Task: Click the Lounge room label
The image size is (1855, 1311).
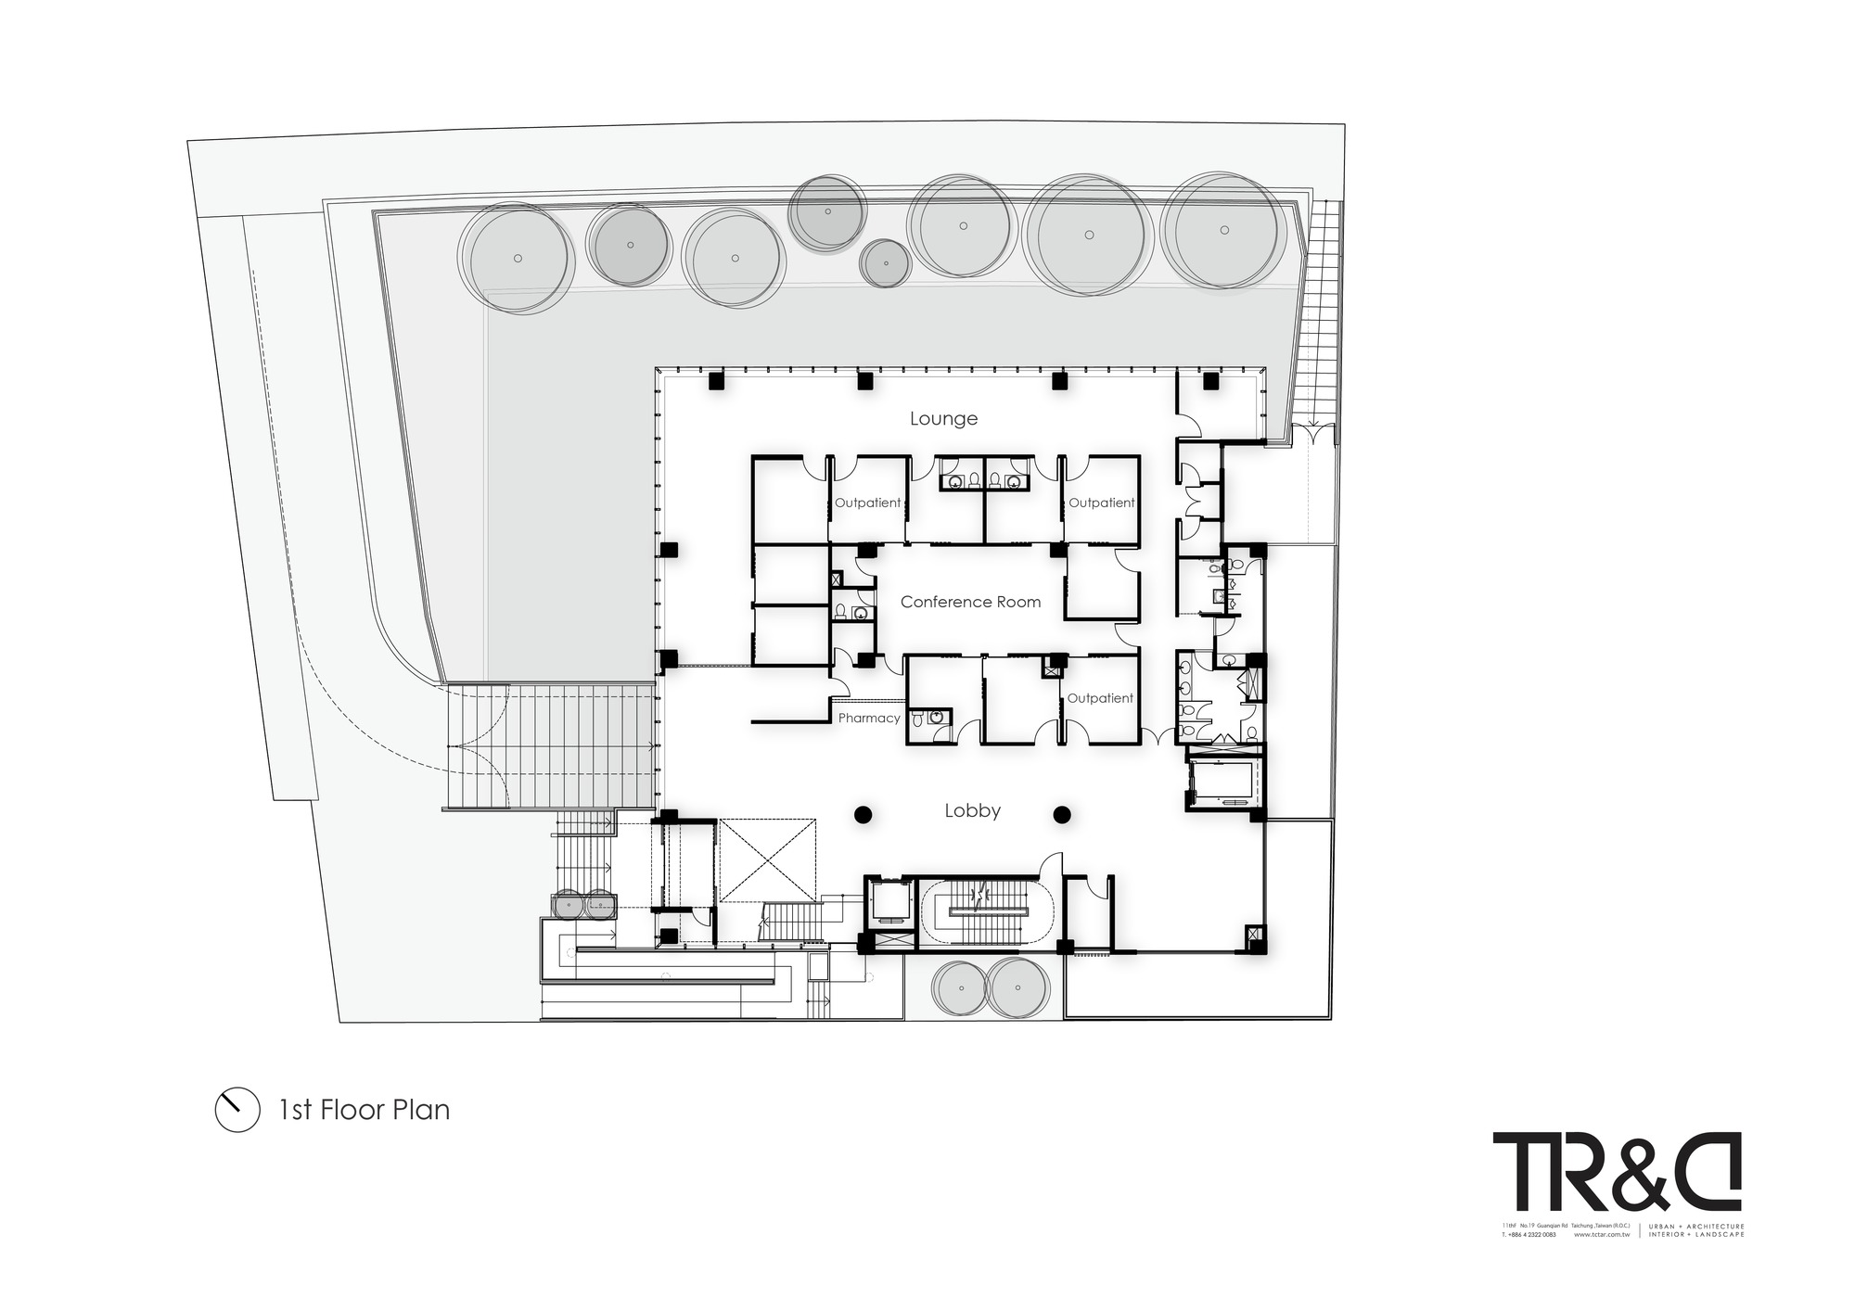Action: [x=943, y=419]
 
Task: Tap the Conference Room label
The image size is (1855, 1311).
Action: [x=970, y=602]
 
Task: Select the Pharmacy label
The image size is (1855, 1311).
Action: [x=869, y=719]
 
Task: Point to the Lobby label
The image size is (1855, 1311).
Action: [x=972, y=811]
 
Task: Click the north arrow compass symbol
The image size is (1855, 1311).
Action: [x=237, y=1109]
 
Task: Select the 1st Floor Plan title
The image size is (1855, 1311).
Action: [x=365, y=1110]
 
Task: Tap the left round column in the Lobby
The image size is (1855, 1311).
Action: [x=863, y=815]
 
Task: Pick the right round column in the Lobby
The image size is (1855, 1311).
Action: [x=1062, y=815]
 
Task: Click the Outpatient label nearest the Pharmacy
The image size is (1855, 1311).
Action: [x=1100, y=698]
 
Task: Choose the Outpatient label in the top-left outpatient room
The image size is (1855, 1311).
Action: [x=867, y=503]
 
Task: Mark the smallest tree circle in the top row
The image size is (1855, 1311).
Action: [x=886, y=262]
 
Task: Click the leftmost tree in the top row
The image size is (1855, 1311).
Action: [x=518, y=257]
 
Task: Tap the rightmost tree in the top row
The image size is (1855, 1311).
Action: [x=1224, y=230]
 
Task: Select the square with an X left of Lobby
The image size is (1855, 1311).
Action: [x=767, y=859]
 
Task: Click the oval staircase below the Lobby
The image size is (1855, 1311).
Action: [x=986, y=912]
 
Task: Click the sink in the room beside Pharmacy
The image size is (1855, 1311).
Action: [x=936, y=717]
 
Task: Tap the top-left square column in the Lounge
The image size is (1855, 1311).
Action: [x=715, y=380]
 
